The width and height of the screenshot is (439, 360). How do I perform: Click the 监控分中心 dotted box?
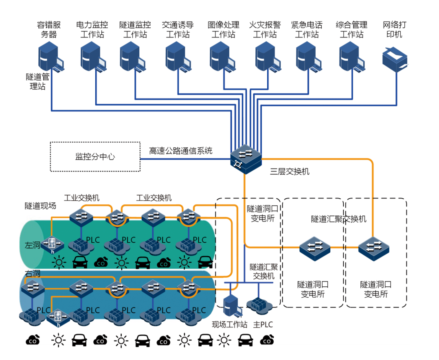click(x=95, y=156)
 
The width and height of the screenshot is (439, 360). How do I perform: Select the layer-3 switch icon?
click(x=245, y=159)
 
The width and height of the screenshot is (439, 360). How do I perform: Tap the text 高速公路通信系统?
click(x=180, y=151)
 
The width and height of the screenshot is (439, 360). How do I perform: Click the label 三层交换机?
click(x=290, y=171)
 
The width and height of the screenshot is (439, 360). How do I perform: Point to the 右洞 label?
click(x=33, y=274)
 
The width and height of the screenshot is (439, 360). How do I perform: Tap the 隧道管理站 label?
click(x=37, y=81)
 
